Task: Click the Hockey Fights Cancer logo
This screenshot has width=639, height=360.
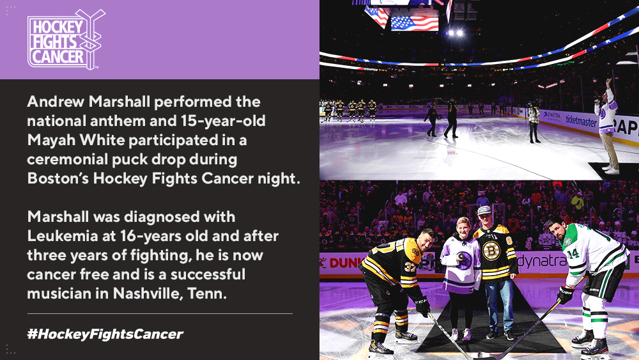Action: [66, 40]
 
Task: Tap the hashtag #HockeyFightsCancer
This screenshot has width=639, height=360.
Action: [105, 334]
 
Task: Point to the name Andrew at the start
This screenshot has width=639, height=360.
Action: [56, 102]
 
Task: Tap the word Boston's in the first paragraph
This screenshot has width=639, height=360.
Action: [58, 178]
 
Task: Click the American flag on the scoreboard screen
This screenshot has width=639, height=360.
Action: [415, 23]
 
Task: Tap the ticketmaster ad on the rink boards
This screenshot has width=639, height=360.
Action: [581, 121]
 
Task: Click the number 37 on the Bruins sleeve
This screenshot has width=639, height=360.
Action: [410, 267]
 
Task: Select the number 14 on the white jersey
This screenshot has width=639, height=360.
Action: [573, 254]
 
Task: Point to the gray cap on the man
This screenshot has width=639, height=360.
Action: [484, 210]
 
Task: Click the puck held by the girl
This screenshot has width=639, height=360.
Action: [461, 256]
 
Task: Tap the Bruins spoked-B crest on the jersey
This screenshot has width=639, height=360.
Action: [491, 250]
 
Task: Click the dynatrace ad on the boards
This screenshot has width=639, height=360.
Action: [541, 260]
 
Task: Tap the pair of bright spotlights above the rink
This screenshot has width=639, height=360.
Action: [455, 33]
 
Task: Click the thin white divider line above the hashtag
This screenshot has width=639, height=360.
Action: [160, 313]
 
